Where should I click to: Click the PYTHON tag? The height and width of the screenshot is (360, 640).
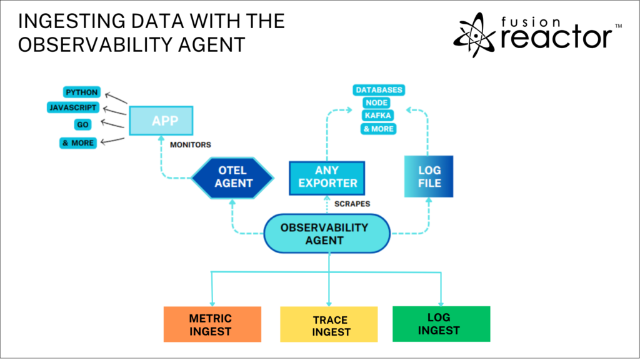(82, 92)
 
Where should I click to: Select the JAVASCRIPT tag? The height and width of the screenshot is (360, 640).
(73, 107)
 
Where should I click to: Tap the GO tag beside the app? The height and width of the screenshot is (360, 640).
(82, 124)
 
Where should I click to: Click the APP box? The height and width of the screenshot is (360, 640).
(161, 121)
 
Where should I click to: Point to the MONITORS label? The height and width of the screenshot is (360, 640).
(190, 145)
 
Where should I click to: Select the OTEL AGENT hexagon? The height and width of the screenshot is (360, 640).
(232, 177)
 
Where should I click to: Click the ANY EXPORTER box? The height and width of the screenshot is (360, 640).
(327, 178)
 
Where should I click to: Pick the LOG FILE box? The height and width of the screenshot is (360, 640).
(429, 176)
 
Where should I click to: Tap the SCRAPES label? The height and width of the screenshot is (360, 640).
(352, 204)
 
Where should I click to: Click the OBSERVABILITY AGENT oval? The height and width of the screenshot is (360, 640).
(327, 234)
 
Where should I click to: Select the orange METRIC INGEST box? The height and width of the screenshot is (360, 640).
(212, 324)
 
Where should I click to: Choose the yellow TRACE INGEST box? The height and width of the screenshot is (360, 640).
(329, 324)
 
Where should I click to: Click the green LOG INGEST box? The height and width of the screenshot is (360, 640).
(441, 324)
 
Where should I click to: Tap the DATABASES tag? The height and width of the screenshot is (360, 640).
(379, 90)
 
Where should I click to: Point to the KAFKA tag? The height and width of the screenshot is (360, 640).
(378, 116)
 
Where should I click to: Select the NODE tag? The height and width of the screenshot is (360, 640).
(376, 103)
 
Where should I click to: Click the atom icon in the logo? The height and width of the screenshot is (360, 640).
(474, 35)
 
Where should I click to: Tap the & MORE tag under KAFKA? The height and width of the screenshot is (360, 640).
(378, 129)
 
